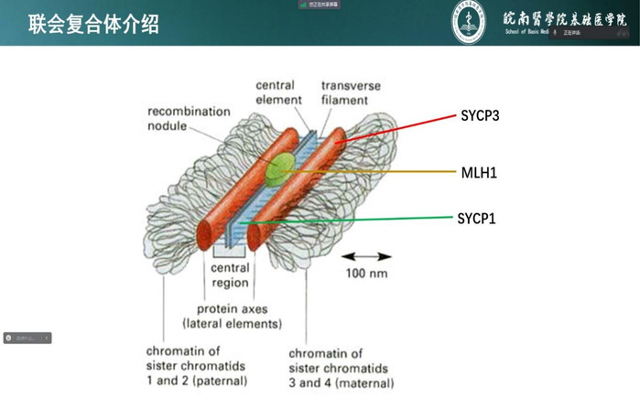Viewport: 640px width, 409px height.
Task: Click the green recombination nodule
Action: (281, 166)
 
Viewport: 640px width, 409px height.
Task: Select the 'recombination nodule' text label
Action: (190, 118)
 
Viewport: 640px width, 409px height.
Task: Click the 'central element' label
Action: (275, 92)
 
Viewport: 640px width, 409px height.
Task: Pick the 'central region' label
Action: (230, 275)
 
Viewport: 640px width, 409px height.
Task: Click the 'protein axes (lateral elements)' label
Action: (233, 317)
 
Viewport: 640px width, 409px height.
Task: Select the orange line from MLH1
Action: (385, 171)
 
